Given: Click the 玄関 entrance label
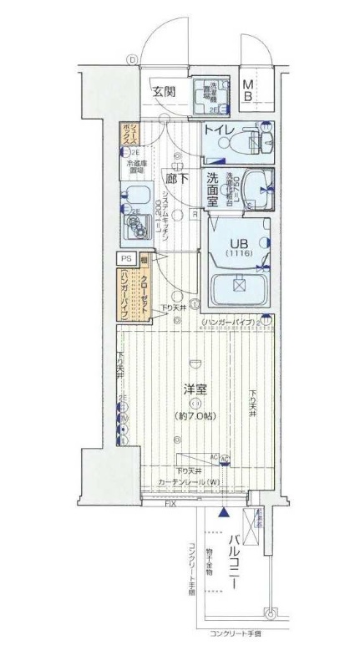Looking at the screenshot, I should coord(164,91).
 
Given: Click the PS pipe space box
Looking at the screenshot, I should coord(127,259).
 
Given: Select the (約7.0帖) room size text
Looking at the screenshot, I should coord(195,415).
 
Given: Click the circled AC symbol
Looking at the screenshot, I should coord(225,458).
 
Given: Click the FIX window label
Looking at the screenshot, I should coord(170,505).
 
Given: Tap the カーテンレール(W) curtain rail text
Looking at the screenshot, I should coord(190,482).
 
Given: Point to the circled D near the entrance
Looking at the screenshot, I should coord(131,59).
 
